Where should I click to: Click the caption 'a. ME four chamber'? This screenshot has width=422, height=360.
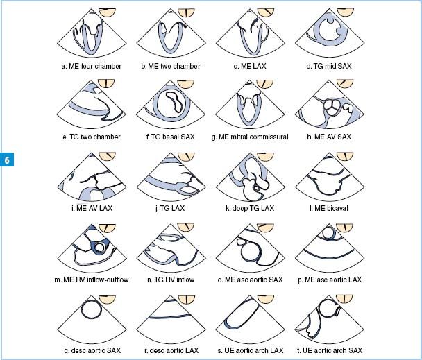pos(91,66)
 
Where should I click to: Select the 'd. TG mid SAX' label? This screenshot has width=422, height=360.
pos(329,66)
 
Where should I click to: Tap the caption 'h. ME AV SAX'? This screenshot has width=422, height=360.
pos(329,137)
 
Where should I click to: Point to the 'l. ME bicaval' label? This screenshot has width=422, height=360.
pos(329,208)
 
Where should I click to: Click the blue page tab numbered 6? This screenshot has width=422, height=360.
pos(7,160)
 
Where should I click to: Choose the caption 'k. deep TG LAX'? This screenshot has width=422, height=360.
pos(250,208)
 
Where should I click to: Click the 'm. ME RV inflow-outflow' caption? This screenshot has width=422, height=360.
pos(91,280)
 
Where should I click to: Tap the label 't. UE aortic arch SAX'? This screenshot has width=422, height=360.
pos(330,350)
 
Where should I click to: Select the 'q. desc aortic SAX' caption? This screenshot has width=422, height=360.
pos(92,350)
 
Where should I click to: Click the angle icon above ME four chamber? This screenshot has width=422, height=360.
pos(107,12)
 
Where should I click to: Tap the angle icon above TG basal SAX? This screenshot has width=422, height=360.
pos(186,84)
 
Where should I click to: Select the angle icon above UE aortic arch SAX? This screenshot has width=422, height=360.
pos(344,299)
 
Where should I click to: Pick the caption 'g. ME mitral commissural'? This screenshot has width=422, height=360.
pos(250,137)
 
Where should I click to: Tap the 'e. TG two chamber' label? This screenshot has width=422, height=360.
pos(92,137)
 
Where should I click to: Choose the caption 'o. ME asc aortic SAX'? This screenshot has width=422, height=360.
pos(250,280)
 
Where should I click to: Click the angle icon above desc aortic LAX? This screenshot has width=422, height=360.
pos(186,299)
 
